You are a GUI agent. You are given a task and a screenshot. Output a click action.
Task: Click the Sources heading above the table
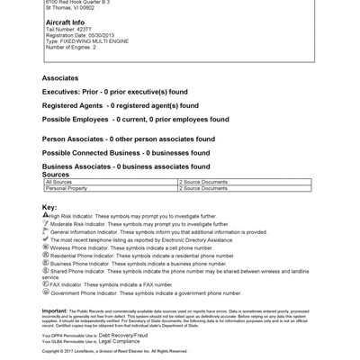click(x=57, y=174)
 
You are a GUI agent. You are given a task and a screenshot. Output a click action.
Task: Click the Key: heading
click(x=49, y=207)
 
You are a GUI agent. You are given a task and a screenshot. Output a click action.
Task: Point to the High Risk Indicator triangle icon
click(x=45, y=215)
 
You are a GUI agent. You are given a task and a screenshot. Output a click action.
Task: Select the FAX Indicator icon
click(x=46, y=284)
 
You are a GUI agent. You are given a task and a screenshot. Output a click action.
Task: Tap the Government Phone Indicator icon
click(x=46, y=292)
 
